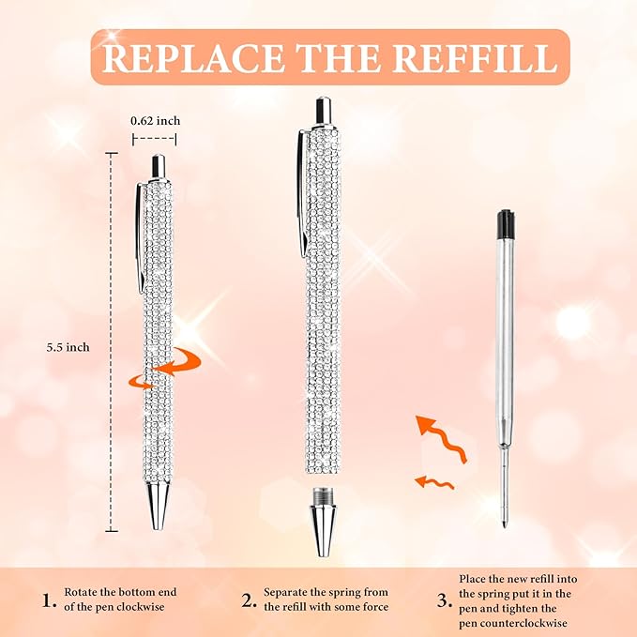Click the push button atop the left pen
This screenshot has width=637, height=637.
click(159, 165)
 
